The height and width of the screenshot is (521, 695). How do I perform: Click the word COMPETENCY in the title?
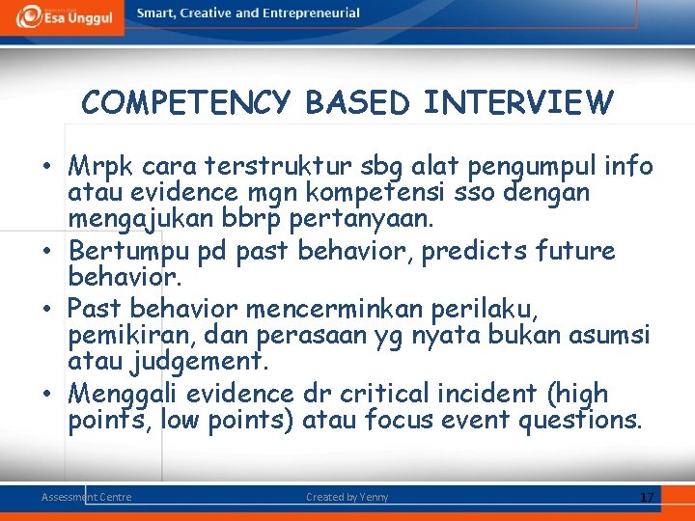(186, 102)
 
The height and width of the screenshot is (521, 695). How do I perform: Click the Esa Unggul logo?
(62, 17)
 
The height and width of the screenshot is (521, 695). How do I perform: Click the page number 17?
(647, 497)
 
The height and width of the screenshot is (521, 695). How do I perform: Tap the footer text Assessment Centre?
(86, 497)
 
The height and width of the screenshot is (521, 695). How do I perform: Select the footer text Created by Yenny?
(347, 497)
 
